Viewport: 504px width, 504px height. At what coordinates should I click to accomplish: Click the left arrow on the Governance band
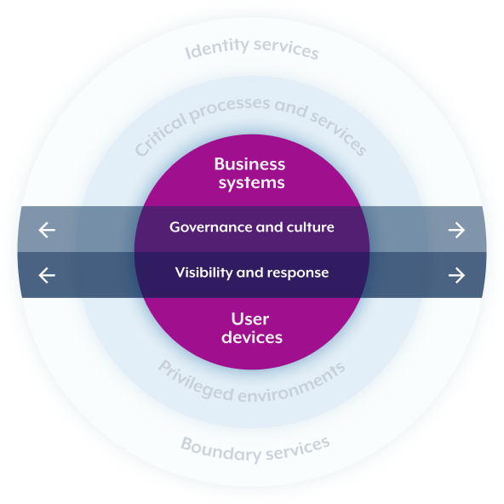pos(47,230)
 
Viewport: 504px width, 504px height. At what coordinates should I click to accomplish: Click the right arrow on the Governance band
pos(456,230)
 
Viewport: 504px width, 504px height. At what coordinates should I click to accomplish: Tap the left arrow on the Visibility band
pos(47,275)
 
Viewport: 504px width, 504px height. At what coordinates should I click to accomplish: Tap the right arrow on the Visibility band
pos(456,275)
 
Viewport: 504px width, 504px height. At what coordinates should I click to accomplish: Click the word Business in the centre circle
pos(249,164)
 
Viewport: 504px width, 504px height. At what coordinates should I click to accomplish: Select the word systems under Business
pos(252,183)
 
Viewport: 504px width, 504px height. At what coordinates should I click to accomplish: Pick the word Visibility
pos(203,272)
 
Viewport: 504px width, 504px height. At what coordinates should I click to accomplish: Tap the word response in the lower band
pos(298,273)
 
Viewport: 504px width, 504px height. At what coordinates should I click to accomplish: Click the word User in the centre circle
pos(250,319)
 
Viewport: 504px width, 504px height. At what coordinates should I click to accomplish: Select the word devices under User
pos(252,337)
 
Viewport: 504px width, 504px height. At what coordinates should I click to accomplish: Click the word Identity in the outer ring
pos(217,49)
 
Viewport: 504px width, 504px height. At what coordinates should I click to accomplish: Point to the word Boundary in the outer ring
pos(220,449)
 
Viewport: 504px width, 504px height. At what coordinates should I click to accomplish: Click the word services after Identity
pos(286,49)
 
